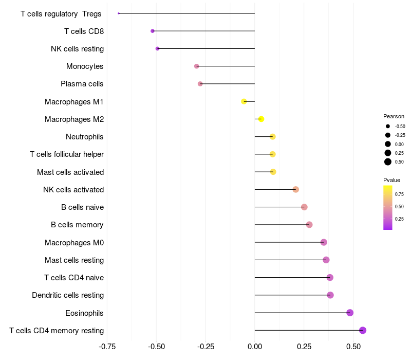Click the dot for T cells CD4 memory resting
pyautogui.click(x=363, y=330)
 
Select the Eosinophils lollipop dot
pyautogui.click(x=350, y=313)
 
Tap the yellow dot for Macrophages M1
pyautogui.click(x=244, y=101)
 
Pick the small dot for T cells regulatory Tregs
pyautogui.click(x=119, y=13)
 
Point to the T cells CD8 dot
pyautogui.click(x=153, y=31)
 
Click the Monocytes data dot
pyautogui.click(x=196, y=66)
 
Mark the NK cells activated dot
pyautogui.click(x=295, y=189)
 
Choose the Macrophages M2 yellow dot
pyautogui.click(x=261, y=119)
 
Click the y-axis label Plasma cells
pyautogui.click(x=82, y=84)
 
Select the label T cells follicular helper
pyautogui.click(x=67, y=154)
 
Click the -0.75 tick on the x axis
pyautogui.click(x=107, y=347)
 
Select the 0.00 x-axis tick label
pyautogui.click(x=255, y=347)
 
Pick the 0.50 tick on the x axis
pyautogui.click(x=353, y=347)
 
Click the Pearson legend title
pyautogui.click(x=394, y=116)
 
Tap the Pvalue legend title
pyautogui.click(x=391, y=180)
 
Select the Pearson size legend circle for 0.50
pyautogui.click(x=388, y=162)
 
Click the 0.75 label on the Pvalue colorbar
pyautogui.click(x=399, y=194)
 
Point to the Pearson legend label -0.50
pyautogui.click(x=400, y=126)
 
